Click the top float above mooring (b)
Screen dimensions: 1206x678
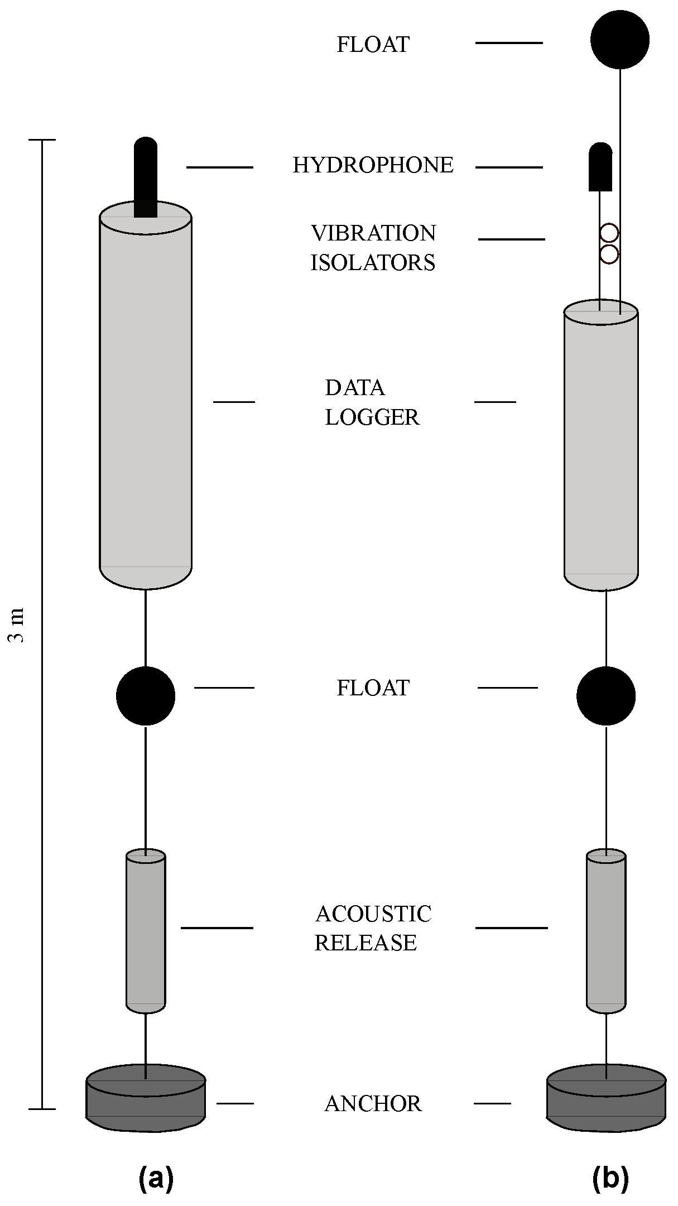pos(619,40)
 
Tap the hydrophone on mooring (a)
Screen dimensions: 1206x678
pos(146,176)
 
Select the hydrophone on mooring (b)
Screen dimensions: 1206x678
pos(600,167)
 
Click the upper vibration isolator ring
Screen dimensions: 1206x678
pos(609,233)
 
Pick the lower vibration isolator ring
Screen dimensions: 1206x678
pos(609,254)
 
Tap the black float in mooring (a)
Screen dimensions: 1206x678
pos(146,696)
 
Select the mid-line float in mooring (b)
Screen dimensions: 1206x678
pos(605,696)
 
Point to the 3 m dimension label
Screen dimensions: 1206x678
pos(18,625)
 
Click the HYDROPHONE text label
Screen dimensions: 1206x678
pos(373,166)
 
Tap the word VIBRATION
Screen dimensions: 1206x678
pos(373,233)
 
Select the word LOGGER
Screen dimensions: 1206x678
pos(372,417)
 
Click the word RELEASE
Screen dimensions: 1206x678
pos(366,943)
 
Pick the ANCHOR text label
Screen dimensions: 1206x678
pos(373,1104)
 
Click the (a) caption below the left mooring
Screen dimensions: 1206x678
pos(156,1178)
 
